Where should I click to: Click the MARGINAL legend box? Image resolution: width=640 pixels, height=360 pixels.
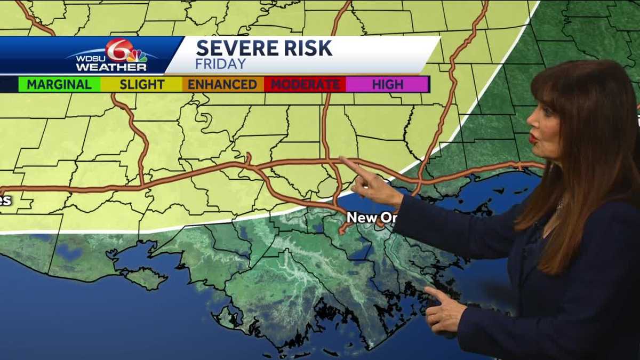coord(59,84)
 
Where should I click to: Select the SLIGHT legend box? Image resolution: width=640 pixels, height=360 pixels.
coord(142,84)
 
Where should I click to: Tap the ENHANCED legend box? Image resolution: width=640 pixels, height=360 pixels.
coord(222,84)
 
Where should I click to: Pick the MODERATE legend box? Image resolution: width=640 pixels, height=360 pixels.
coord(305,84)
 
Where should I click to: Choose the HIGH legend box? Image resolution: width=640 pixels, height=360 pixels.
coord(388,84)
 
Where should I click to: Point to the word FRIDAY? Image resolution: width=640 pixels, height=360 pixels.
coord(221,64)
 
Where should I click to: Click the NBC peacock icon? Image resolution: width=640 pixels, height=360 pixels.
coord(137,55)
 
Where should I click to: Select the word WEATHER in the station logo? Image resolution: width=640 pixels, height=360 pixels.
coord(111,67)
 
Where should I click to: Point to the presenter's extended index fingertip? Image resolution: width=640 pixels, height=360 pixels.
coord(341,159)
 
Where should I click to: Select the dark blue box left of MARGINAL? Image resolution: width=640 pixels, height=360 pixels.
coord(9,84)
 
